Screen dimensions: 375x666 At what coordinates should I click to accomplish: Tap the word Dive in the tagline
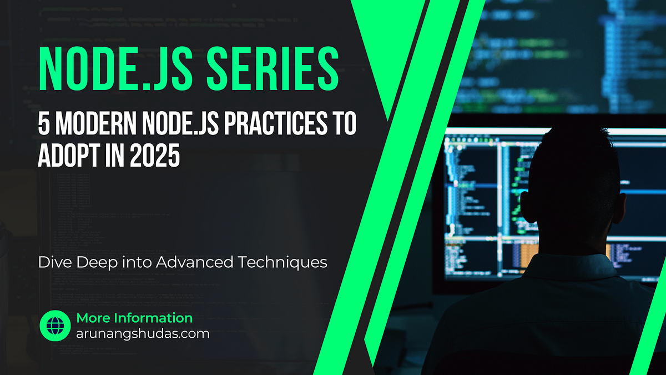tap(53, 262)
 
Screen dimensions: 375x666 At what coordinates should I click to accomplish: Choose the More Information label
tap(134, 318)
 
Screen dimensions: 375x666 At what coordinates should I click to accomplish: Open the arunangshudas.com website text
tap(143, 334)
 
